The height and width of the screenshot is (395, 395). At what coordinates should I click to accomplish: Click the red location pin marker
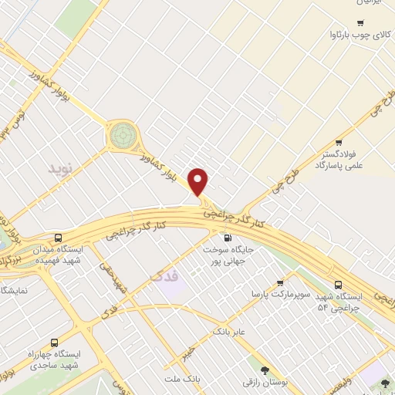pos(199,182)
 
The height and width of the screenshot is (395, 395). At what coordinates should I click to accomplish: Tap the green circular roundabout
pos(121,136)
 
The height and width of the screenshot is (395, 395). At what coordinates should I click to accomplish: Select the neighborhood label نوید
pos(59,167)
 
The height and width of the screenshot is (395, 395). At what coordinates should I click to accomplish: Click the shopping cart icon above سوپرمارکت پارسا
pos(279,283)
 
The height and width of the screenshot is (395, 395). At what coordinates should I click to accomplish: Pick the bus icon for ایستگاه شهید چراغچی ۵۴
pos(340,283)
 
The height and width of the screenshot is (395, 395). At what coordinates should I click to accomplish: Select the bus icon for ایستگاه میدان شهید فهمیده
pos(59,238)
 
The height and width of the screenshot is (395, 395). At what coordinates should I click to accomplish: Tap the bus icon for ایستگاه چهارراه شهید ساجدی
pos(54,342)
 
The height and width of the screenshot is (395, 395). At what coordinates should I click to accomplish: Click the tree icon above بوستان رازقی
pos(265,371)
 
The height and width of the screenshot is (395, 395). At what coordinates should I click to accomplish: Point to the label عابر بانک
pos(229,331)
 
